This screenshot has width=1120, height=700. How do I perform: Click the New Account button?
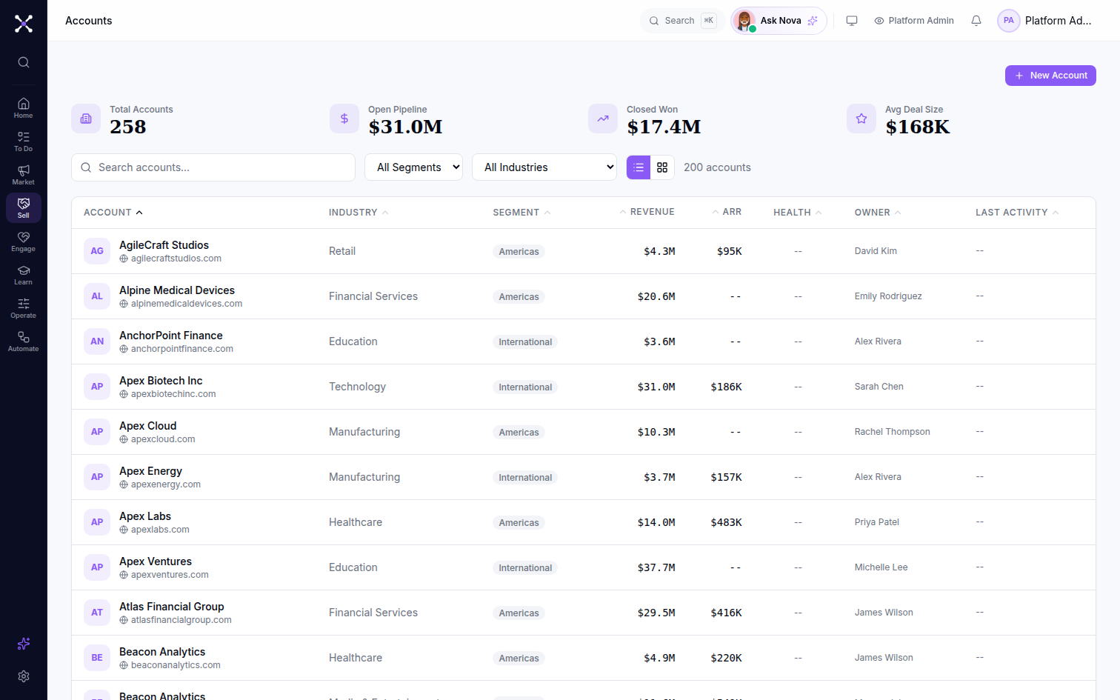[1050, 76]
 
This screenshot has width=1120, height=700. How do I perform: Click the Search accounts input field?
[213, 167]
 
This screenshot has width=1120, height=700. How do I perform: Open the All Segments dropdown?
[413, 167]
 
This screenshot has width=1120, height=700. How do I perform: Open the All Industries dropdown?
[544, 167]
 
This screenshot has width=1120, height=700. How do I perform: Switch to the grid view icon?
[662, 167]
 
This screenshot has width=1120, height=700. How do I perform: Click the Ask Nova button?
[779, 21]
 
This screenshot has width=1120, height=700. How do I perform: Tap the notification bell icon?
[976, 21]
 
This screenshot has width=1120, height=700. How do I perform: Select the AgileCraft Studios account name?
[164, 245]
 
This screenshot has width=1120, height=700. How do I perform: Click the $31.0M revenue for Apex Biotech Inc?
[656, 387]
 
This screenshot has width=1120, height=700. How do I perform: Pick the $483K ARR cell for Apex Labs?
[726, 522]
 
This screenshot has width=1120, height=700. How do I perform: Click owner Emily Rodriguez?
[888, 296]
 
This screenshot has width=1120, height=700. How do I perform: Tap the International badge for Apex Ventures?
[525, 568]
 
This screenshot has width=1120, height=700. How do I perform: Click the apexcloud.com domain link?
[163, 439]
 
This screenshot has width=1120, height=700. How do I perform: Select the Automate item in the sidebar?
[24, 341]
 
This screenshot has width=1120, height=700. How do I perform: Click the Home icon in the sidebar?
[24, 104]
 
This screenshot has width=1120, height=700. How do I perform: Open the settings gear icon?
[24, 676]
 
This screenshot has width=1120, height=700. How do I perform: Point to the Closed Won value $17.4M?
[664, 127]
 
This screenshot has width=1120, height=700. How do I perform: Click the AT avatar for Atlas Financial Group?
[97, 613]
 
